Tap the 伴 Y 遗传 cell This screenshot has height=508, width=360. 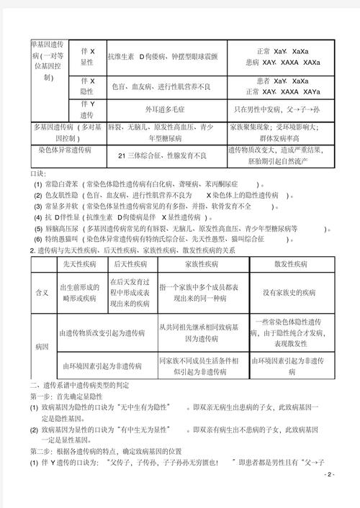coord(86,110)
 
